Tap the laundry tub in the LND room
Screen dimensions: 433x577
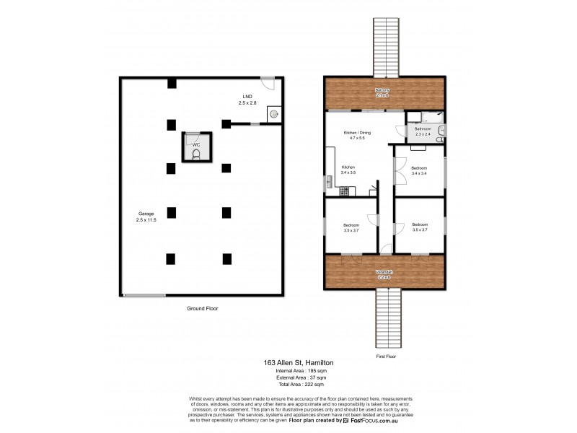point(274,114)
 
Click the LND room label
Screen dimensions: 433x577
point(247,100)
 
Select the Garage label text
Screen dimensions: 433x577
point(146,216)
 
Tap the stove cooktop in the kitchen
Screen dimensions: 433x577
point(344,191)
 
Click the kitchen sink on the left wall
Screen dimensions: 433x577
point(328,180)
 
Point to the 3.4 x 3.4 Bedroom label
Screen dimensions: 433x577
point(420,170)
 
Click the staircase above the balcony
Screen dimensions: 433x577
point(382,43)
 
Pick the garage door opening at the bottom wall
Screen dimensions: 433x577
point(144,295)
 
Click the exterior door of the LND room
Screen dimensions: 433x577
point(268,82)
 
